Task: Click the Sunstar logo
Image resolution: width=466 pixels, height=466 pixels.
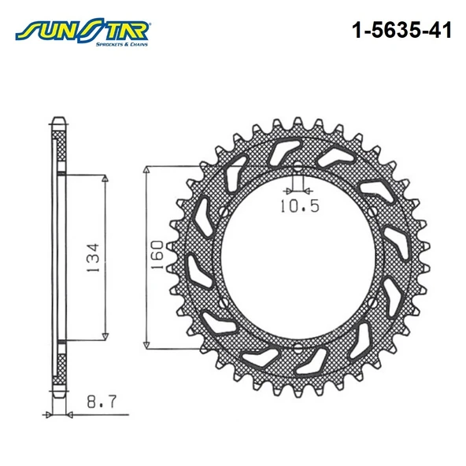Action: (x=83, y=32)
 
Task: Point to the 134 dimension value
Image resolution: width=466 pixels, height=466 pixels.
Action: (x=93, y=256)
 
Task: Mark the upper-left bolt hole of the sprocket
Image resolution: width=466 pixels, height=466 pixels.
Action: (x=221, y=212)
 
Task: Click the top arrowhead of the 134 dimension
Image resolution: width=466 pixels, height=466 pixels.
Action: (x=105, y=180)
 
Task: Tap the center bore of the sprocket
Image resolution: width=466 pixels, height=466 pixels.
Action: (x=298, y=257)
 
